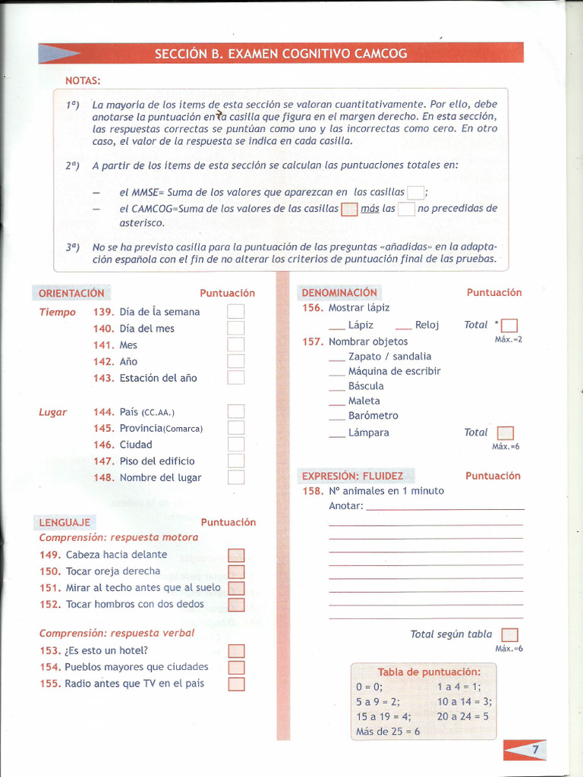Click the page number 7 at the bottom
click(534, 750)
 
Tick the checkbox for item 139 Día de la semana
click(236, 312)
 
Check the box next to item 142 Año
click(236, 362)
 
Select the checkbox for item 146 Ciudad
click(236, 445)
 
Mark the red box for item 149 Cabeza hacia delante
click(237, 555)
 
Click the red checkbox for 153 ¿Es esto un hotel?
click(237, 651)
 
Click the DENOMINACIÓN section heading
click(339, 292)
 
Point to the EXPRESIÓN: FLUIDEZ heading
click(352, 476)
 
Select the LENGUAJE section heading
click(65, 522)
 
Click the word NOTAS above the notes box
click(83, 80)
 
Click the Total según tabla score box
click(510, 635)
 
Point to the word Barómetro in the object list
click(373, 416)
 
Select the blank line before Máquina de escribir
click(337, 373)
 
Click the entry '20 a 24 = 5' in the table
click(463, 716)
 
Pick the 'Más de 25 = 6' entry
click(387, 731)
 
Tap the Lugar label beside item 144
click(53, 412)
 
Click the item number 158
click(312, 491)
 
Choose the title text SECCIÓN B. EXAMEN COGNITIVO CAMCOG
click(281, 54)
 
